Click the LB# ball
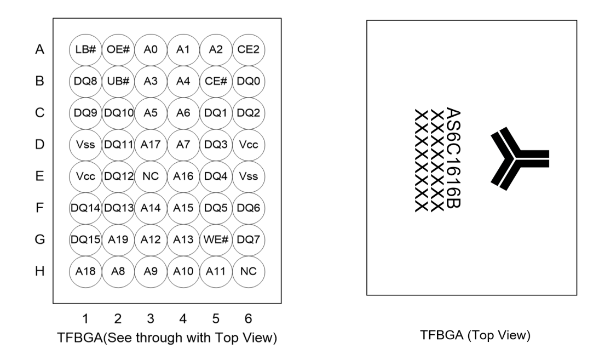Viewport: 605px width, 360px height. [85, 50]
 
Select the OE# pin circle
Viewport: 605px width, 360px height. [118, 50]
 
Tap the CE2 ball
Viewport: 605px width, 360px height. [249, 50]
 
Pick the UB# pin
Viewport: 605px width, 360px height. [118, 82]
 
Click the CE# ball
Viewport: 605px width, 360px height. [216, 82]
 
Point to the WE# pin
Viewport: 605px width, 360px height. [216, 239]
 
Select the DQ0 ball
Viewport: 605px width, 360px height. [249, 82]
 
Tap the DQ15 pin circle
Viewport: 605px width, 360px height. [85, 239]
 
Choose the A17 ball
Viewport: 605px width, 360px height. [151, 145]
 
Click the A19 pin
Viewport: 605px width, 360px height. [118, 239]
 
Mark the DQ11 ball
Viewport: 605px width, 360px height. [118, 145]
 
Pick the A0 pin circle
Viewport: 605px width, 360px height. [151, 50]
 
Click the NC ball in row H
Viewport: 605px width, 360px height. [249, 271]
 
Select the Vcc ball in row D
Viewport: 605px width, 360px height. [249, 145]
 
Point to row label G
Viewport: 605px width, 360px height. [39, 239]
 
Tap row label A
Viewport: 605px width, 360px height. [39, 50]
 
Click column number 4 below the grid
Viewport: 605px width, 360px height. [183, 319]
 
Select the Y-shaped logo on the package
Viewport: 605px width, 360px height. [518, 158]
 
